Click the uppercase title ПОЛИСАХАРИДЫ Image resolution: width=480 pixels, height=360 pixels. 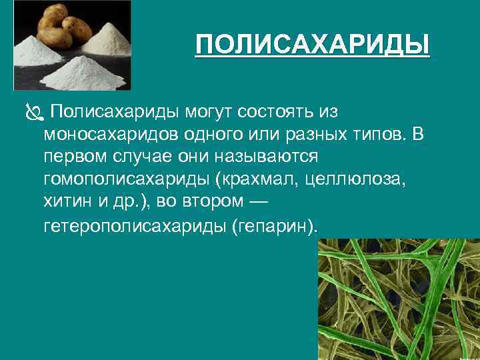(313, 46)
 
